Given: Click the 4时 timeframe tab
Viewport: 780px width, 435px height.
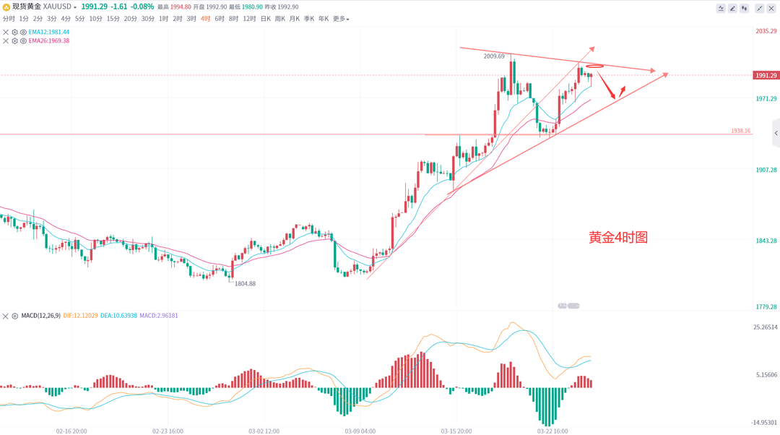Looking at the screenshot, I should coord(206,19).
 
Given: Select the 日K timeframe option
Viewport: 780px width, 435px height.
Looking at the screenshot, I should coord(266,19).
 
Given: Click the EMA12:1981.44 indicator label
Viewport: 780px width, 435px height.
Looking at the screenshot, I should coord(50,32).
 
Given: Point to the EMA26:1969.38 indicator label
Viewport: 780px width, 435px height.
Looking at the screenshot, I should coord(50,40).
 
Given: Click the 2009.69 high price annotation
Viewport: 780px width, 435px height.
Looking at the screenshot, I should coord(495,56).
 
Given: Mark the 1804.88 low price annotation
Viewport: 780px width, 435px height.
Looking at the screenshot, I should coord(245,284).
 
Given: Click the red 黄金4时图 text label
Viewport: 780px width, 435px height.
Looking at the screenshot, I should coord(617,237).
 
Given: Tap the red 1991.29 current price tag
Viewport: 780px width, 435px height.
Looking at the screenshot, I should coord(765,75).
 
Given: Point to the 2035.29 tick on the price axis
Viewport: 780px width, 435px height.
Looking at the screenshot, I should coord(765,31).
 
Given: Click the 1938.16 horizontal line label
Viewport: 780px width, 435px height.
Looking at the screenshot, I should coord(740,131).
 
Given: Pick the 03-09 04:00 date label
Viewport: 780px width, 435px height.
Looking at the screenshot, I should coord(360,431).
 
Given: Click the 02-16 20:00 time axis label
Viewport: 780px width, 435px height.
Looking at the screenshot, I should coord(71,431).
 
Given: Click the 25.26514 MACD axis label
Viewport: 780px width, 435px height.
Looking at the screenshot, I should coord(765,327).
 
